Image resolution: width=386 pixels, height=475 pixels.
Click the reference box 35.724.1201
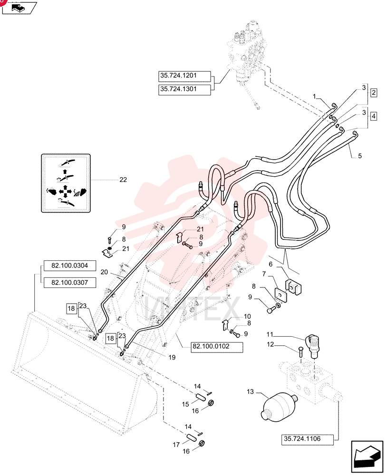184,76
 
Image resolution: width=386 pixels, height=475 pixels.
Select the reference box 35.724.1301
184,90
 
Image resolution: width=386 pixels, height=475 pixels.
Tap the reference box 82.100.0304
70,266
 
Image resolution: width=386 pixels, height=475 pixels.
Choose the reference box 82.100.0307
70,283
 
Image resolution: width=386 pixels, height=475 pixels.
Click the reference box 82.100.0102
217,347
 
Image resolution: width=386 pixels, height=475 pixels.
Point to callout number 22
123,180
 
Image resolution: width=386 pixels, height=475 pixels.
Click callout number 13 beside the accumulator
250,392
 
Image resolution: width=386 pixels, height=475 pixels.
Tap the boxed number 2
374,93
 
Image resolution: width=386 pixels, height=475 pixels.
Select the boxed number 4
374,116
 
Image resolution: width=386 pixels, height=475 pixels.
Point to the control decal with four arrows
66,183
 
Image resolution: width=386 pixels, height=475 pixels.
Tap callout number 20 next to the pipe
104,272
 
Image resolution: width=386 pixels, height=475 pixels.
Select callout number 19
172,358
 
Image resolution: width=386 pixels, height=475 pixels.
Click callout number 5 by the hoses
360,156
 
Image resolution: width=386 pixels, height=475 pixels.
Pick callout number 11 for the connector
270,334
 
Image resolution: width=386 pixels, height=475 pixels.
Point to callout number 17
176,445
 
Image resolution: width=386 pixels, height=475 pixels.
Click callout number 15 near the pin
185,404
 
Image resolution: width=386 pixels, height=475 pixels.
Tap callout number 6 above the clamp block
271,264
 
